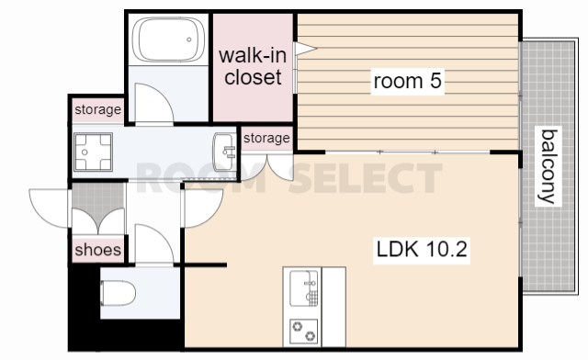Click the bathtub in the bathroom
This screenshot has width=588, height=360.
coord(168,39)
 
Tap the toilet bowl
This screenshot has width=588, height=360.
coord(118,293)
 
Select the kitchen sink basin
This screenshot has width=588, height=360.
coord(304,288)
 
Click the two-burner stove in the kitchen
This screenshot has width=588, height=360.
coord(304,332)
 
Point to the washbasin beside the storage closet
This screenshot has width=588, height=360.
coord(224,152)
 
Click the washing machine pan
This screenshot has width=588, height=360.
coord(94,152)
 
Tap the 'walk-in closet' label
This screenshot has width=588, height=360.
coord(254,66)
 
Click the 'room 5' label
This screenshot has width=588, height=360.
coord(408,81)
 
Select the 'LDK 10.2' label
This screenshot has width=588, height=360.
coord(422,249)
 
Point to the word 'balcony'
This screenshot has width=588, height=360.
coord(548,166)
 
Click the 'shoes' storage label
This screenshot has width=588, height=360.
coord(98,250)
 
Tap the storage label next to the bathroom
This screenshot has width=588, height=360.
coord(98,109)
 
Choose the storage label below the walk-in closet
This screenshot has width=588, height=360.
coord(266,138)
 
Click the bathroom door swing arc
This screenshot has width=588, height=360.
coord(162,95)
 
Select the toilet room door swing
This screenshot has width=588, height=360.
coord(162,235)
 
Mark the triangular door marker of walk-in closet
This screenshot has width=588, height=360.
coord(305,49)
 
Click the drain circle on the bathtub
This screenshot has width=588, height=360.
coord(189,39)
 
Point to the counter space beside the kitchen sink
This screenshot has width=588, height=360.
coord(334,307)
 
